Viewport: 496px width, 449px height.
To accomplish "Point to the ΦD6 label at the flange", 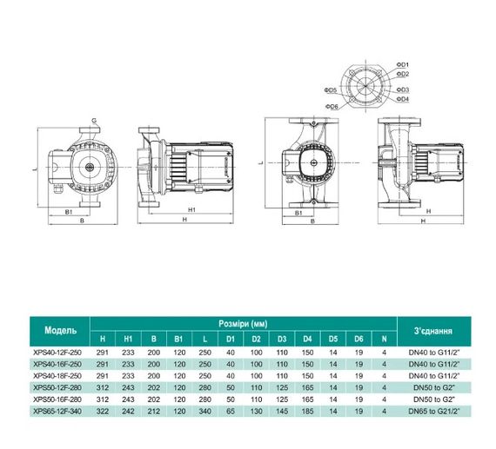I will tap(331, 106).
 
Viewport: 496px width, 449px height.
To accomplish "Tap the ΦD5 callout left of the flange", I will tap(331, 90).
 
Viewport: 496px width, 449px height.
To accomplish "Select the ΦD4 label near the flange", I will tap(403, 99).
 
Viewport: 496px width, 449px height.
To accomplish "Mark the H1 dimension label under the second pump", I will tap(190, 209).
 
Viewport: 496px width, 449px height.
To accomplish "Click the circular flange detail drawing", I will tap(366, 85).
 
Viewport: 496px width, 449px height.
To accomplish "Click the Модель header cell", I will tap(66, 331).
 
